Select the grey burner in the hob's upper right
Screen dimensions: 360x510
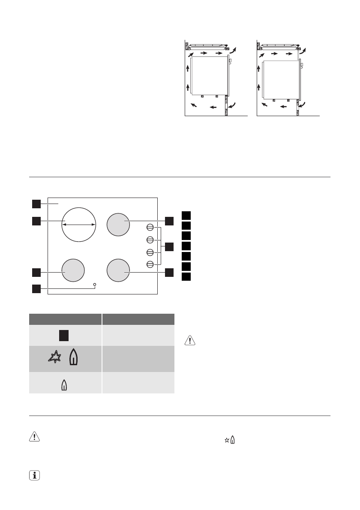[118, 224]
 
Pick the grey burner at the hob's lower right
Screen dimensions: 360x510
[118, 270]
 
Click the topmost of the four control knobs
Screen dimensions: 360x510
[150, 227]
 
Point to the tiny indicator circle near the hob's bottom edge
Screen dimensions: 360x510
[94, 284]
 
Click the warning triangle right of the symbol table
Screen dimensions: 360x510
[189, 341]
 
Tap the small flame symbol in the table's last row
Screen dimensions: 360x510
[65, 385]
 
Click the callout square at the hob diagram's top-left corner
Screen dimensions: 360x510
[36, 203]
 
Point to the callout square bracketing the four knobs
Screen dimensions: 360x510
[169, 246]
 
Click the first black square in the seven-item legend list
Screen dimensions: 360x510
[186, 215]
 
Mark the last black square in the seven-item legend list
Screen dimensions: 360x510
[186, 276]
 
